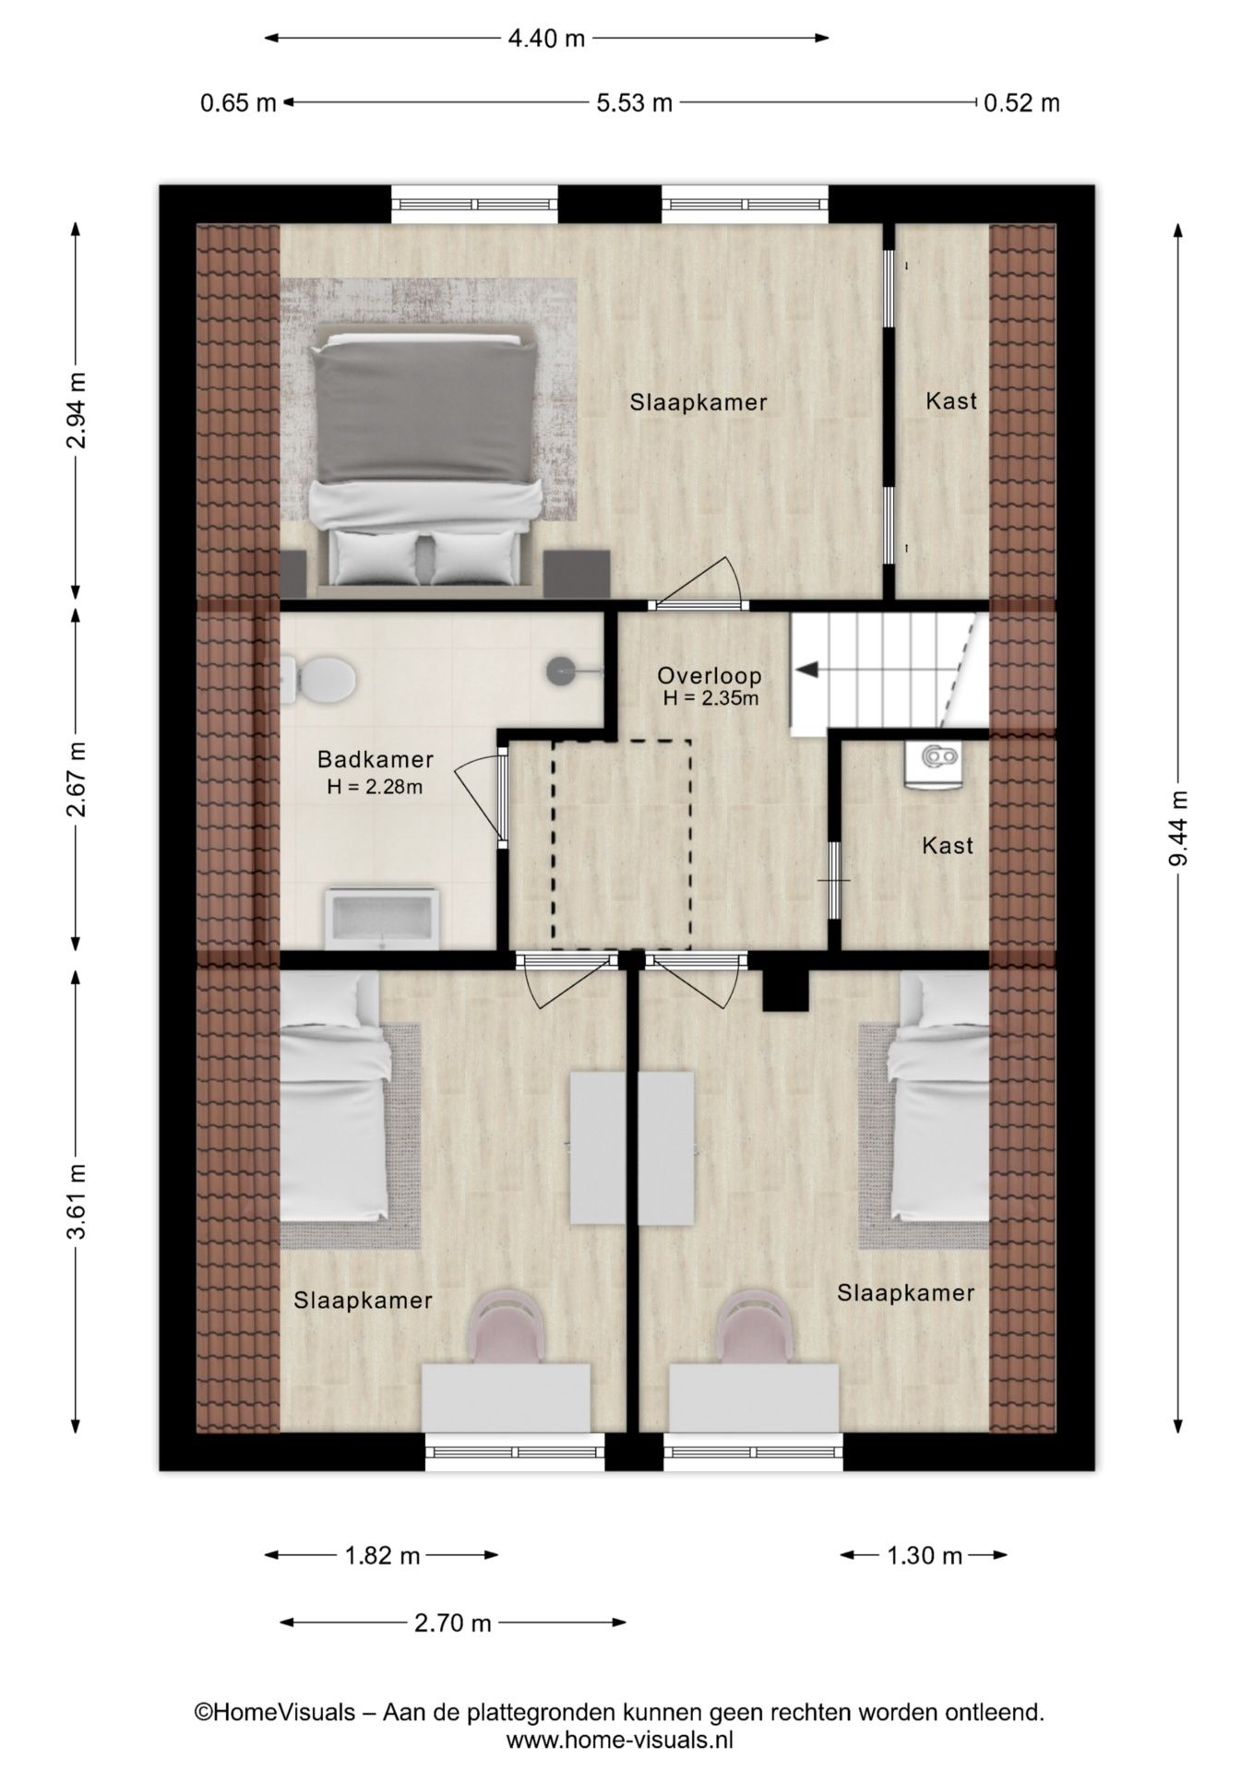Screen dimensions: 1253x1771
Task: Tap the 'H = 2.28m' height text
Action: (x=375, y=787)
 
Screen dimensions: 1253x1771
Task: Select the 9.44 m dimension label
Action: (x=1178, y=828)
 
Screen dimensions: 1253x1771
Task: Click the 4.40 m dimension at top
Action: (x=546, y=38)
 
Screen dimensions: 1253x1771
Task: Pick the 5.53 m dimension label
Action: (x=634, y=102)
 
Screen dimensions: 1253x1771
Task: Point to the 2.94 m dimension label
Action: (x=76, y=410)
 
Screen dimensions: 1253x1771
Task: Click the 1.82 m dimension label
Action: (x=382, y=1556)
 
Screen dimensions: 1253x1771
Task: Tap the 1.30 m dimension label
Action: (x=925, y=1556)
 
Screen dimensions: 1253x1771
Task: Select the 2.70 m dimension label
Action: (x=452, y=1623)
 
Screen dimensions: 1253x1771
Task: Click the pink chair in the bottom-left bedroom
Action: (x=509, y=1326)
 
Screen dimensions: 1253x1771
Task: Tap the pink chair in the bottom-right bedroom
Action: (x=755, y=1326)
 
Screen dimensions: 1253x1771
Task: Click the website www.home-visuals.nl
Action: (x=619, y=1741)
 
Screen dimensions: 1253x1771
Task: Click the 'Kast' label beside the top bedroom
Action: (x=951, y=401)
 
